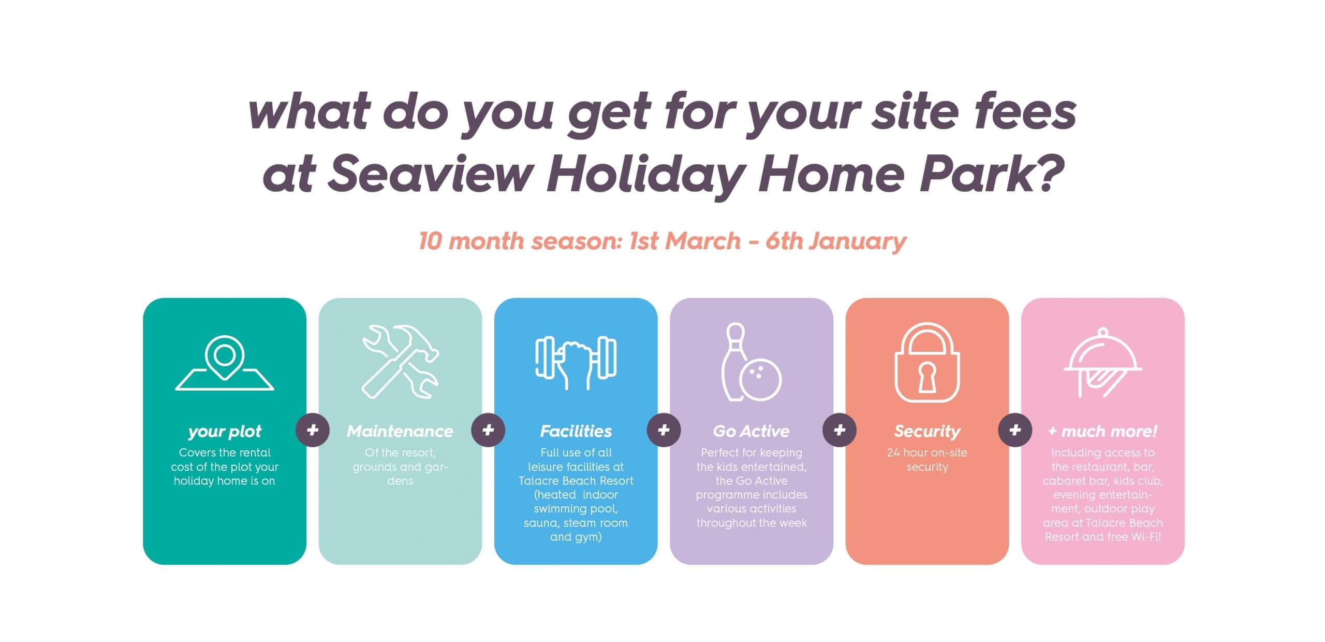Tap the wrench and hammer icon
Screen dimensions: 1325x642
point(400,362)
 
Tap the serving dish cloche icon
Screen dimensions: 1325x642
point(1102,363)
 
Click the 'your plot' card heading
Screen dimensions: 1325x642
point(225,431)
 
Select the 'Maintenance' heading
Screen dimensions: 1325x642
point(400,431)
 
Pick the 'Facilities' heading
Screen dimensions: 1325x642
point(576,431)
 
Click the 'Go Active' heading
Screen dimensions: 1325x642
point(751,431)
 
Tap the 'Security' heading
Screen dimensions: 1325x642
point(927,431)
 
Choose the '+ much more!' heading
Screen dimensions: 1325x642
point(1102,431)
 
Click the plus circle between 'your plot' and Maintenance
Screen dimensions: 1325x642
point(313,430)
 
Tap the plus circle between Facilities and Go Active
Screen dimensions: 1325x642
point(664,430)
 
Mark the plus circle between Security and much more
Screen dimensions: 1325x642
point(1015,430)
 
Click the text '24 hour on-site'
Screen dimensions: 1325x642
point(927,452)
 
